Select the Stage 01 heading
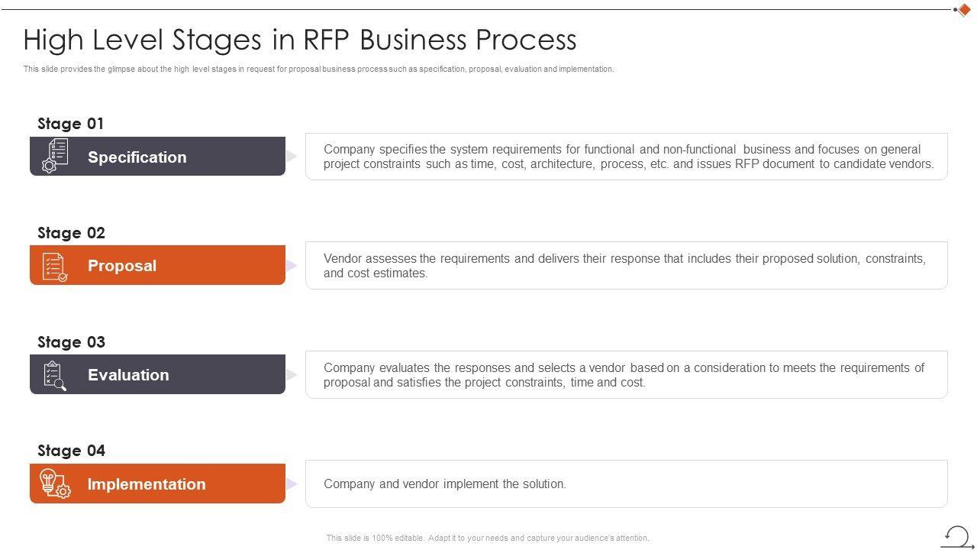70,124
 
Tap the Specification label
137,157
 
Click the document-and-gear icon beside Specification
55,156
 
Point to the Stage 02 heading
71,233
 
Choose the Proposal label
122,266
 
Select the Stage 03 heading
71,342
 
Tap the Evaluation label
128,375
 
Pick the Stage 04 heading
71,451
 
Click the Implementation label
147,484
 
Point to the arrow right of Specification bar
292,157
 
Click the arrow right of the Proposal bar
292,266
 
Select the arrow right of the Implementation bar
292,484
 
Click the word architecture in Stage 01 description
562,164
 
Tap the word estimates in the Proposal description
401,273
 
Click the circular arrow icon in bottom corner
957,535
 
